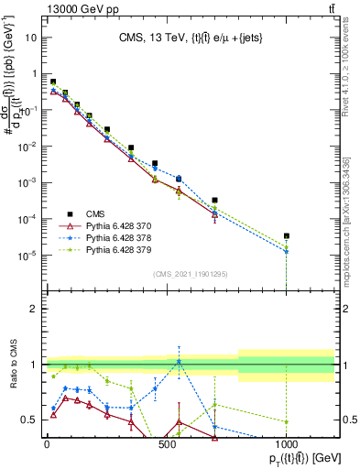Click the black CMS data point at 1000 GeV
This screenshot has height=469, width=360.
click(287, 235)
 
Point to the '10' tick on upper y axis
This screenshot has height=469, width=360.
click(32, 38)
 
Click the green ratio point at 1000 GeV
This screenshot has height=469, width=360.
click(287, 421)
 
